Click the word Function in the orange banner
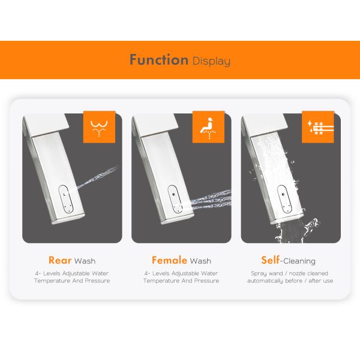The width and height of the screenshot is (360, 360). tap(159, 59)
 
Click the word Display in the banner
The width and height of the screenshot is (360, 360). tap(211, 61)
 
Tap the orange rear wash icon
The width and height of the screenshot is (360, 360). tap(99, 127)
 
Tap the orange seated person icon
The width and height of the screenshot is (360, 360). tap(208, 127)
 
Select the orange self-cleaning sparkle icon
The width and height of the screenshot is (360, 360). tap(318, 127)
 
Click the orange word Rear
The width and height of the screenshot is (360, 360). tap(60, 260)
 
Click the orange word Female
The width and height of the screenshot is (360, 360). tap(170, 260)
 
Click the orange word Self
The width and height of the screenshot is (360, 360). tap(271, 260)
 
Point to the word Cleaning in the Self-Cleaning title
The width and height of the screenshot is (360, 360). tap(299, 261)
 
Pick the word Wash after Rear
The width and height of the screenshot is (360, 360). tap(85, 261)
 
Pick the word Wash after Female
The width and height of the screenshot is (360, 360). tap(200, 261)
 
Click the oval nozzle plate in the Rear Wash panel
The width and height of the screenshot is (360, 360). tap(65, 199)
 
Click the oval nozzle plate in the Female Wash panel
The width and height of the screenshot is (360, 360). tap(175, 199)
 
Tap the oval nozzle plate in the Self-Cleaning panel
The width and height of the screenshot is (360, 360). tap(284, 199)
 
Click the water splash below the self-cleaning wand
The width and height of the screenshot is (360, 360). tap(296, 231)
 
